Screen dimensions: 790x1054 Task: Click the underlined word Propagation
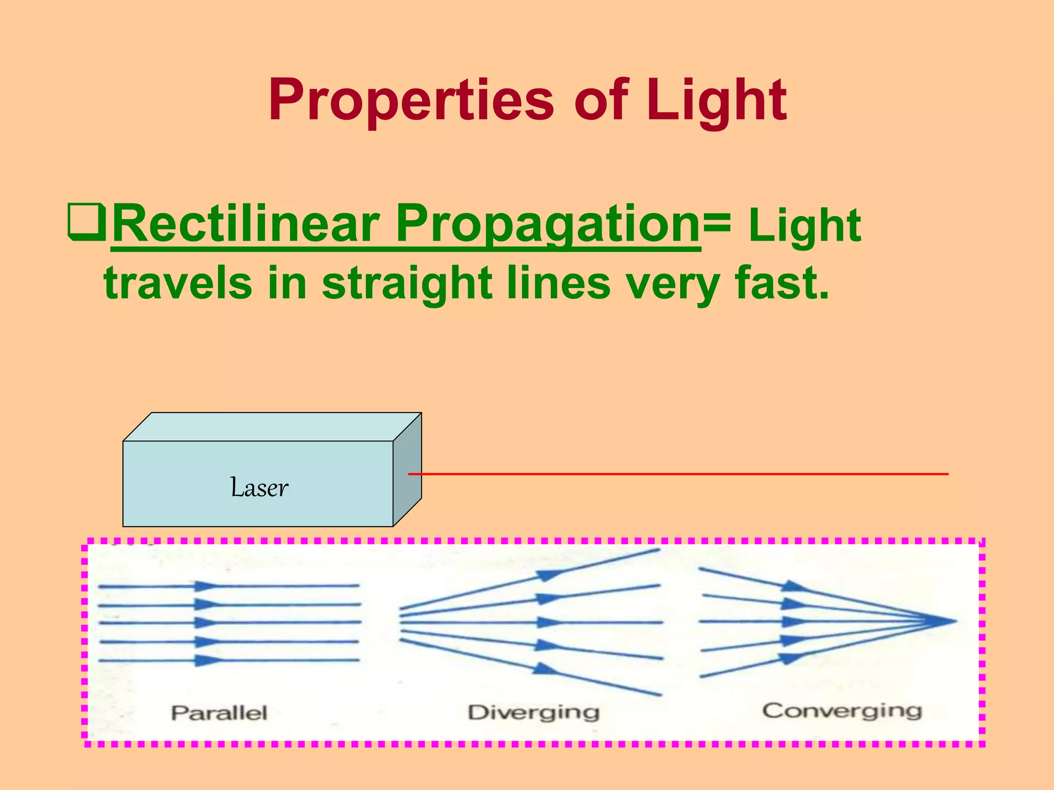click(x=548, y=224)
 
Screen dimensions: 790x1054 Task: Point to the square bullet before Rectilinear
click(x=86, y=222)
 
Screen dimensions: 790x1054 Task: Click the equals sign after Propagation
click(x=717, y=222)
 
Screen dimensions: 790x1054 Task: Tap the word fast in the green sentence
click(x=782, y=283)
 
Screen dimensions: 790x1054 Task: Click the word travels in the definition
click(x=178, y=283)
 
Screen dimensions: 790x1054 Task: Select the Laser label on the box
click(x=259, y=488)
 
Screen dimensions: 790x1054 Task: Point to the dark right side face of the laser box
click(x=407, y=470)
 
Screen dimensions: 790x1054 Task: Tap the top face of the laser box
click(x=272, y=427)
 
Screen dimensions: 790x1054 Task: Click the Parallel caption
click(x=219, y=713)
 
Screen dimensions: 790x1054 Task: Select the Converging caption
click(x=842, y=711)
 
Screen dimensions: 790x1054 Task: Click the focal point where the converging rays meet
click(x=953, y=621)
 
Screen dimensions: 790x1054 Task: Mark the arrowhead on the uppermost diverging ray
click(x=549, y=574)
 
